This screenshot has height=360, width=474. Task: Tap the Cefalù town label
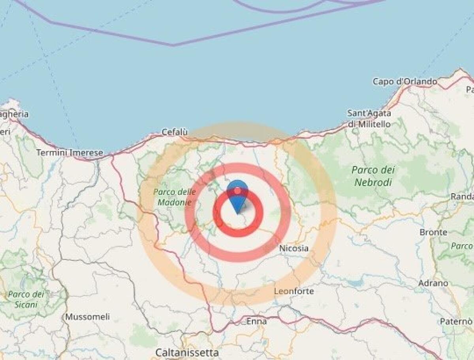[x=175, y=132]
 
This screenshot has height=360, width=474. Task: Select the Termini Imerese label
[x=70, y=153]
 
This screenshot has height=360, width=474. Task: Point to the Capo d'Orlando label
[x=405, y=82]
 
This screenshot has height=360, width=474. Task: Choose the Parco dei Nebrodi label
[x=373, y=176]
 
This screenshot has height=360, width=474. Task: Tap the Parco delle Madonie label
[x=174, y=197]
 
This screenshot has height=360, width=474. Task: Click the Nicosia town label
[x=293, y=248]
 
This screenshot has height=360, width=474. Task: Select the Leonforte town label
[x=294, y=291]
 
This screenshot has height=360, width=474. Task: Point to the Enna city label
[x=256, y=321]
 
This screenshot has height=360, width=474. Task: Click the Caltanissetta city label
[x=187, y=352]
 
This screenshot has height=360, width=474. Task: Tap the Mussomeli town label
[x=87, y=317]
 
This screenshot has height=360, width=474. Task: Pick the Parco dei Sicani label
[x=26, y=299]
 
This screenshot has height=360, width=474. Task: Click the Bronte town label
[x=433, y=232]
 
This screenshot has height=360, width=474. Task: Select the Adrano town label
[x=433, y=283]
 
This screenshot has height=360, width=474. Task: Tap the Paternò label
[x=456, y=321]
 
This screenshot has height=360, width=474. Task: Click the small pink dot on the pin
[x=237, y=191]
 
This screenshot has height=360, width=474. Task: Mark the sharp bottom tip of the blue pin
[x=238, y=214]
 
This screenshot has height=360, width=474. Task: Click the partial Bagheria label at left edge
[x=14, y=114]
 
